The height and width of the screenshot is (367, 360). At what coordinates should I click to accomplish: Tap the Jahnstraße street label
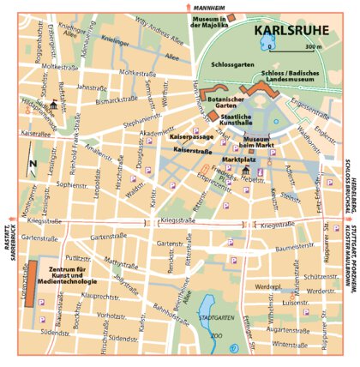pos(92,87)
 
